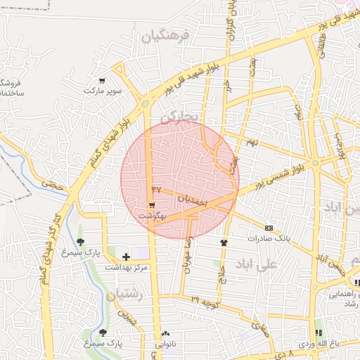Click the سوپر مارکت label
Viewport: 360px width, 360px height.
[103, 91]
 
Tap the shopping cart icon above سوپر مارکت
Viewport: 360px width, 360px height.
[103, 81]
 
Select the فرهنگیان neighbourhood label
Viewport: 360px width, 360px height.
[165, 36]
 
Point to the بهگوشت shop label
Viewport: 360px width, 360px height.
[153, 215]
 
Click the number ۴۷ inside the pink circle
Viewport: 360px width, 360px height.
[156, 190]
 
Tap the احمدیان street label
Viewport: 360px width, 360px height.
[192, 200]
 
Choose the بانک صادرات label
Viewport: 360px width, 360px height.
[268, 239]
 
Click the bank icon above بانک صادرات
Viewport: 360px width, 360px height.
[268, 228]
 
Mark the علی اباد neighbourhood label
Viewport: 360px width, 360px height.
[258, 265]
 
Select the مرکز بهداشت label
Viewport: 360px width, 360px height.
[126, 268]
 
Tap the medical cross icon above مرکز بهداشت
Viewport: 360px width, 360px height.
[126, 257]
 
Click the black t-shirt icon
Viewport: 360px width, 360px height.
[224, 243]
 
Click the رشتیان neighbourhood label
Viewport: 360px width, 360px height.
[126, 296]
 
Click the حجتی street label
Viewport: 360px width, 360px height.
[52, 185]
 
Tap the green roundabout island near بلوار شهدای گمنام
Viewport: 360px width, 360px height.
[145, 104]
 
